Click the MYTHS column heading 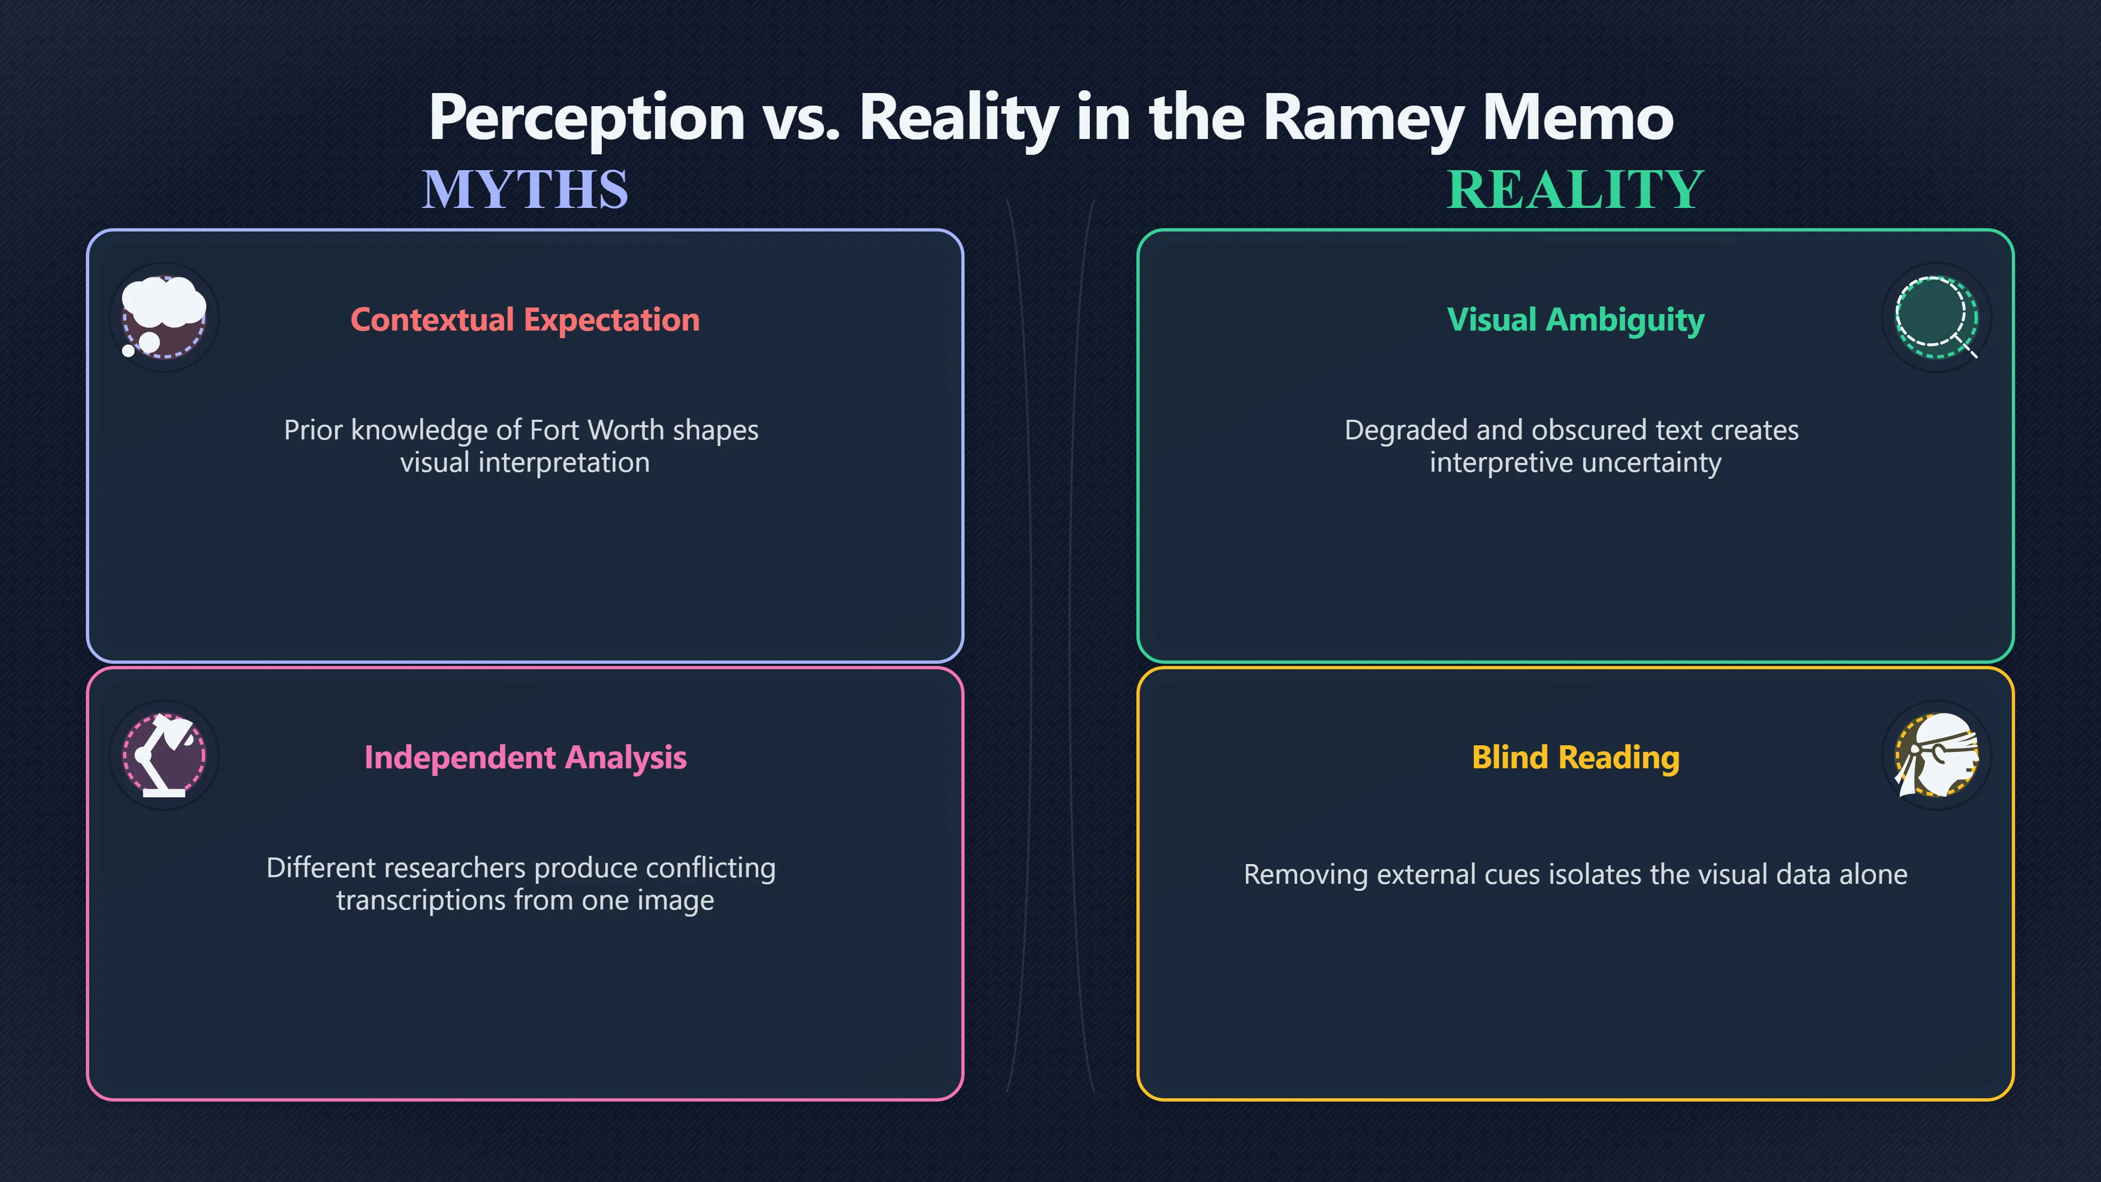pyautogui.click(x=525, y=189)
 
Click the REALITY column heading pyautogui.click(x=1575, y=189)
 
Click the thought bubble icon pyautogui.click(x=164, y=317)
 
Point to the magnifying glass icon pyautogui.click(x=1936, y=317)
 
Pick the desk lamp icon pyautogui.click(x=164, y=755)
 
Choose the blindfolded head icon pyautogui.click(x=1936, y=755)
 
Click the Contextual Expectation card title pyautogui.click(x=525, y=320)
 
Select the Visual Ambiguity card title pyautogui.click(x=1576, y=320)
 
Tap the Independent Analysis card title pyautogui.click(x=525, y=758)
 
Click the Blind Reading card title pyautogui.click(x=1576, y=758)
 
